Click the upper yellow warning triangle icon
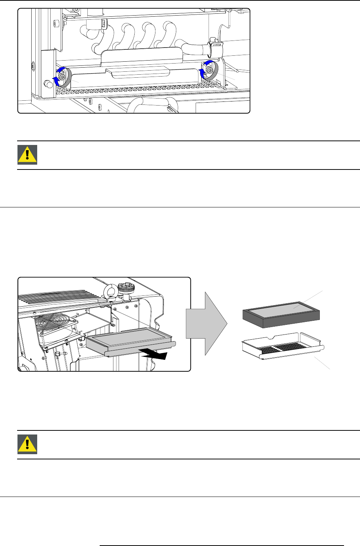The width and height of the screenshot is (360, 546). [27, 155]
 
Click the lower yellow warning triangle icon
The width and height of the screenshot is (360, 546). [27, 444]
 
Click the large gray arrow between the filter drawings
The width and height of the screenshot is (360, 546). [206, 323]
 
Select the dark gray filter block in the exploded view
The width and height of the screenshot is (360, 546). [281, 314]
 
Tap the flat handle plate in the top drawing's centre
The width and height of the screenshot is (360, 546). [138, 71]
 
